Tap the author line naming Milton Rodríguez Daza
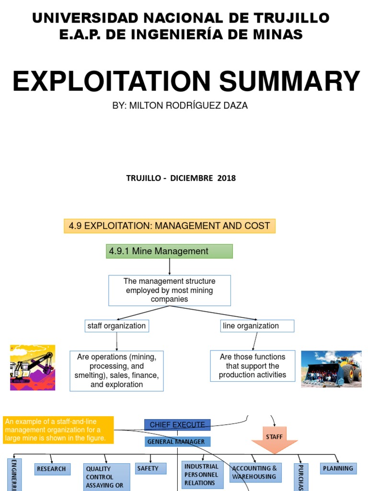(180, 105)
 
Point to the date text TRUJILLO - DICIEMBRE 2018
(181, 178)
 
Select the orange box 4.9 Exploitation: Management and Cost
(170, 225)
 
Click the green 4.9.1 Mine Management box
(169, 251)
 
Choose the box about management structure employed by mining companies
(170, 290)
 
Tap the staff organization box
(116, 326)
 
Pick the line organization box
(257, 326)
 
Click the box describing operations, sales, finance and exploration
(116, 371)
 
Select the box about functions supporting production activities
(253, 366)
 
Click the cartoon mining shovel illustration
(33, 367)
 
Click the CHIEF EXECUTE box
(177, 425)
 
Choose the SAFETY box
(150, 468)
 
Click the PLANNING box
(338, 468)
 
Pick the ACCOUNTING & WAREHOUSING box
(255, 472)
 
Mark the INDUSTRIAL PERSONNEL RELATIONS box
(201, 474)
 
